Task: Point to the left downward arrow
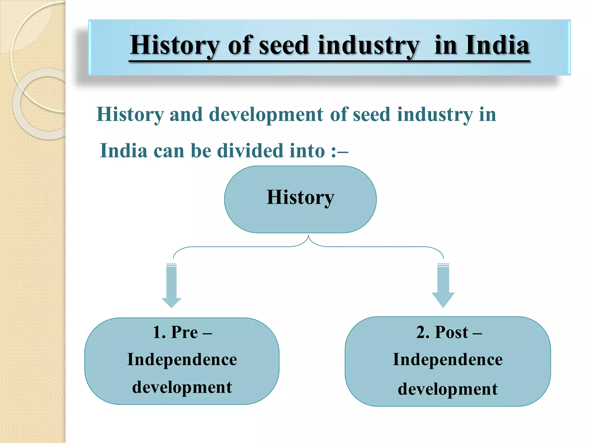coord(171,286)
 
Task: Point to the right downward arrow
coord(443,286)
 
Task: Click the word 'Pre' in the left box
coord(184,332)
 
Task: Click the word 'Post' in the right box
coord(451,332)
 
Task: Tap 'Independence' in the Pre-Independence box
coord(182,360)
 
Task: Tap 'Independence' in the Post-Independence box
coord(448,360)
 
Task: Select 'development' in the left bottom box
coord(182,387)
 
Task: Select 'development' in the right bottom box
coord(448,389)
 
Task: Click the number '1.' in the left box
coord(159,332)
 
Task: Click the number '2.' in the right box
coord(422,332)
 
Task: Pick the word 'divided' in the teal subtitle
coord(250,151)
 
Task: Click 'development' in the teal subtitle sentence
coord(266,114)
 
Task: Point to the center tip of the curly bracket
coord(308,236)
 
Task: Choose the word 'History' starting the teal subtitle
coord(130,114)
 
